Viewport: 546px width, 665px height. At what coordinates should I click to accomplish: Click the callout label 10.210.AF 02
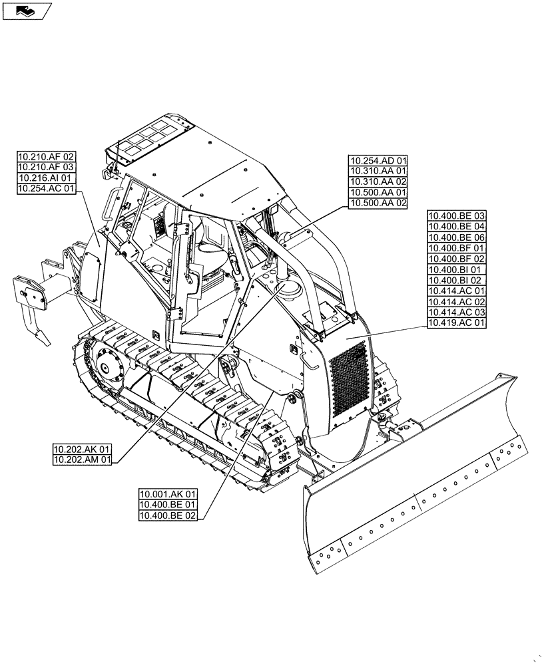(45, 157)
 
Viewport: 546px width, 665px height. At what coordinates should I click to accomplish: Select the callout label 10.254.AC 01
(45, 190)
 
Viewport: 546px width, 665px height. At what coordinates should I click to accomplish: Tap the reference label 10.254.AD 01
(378, 160)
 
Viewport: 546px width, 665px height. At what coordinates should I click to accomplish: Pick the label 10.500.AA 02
(378, 203)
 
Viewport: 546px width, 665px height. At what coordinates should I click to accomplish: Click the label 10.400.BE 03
(457, 216)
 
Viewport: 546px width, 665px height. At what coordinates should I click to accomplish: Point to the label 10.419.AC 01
(457, 323)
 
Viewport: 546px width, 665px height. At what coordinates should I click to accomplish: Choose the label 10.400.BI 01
(457, 270)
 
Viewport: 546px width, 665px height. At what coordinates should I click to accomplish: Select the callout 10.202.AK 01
(83, 448)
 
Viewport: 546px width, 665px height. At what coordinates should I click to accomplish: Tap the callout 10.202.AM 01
(83, 459)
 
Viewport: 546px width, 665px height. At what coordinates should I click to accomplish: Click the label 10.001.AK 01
(168, 494)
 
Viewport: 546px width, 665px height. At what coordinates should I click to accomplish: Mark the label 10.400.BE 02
(168, 515)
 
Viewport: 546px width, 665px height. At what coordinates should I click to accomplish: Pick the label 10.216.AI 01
(45, 179)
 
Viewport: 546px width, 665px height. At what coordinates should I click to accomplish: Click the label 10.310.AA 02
(378, 182)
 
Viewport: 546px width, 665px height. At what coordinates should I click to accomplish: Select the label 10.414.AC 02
(457, 302)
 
